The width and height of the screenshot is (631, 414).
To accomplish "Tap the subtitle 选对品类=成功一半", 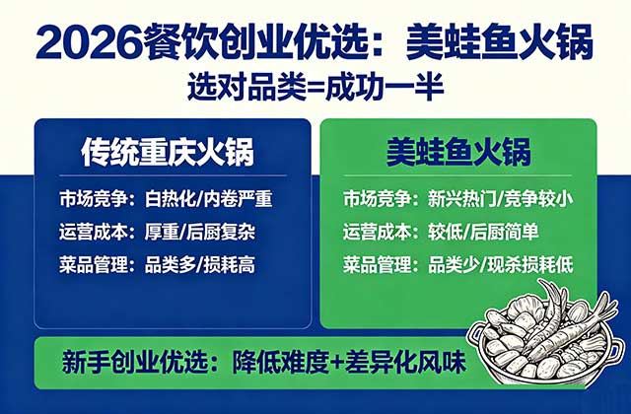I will click(x=315, y=87).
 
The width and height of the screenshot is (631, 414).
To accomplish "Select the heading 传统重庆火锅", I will click(x=168, y=154).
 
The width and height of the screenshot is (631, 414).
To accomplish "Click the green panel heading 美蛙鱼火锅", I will click(x=457, y=154).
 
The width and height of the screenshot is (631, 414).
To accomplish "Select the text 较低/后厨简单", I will click(x=479, y=233).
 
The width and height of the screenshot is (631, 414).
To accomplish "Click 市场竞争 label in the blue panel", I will click(x=93, y=198).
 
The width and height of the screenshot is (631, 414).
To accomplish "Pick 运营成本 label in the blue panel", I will click(x=93, y=233).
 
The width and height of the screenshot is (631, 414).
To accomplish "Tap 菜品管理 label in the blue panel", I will click(x=93, y=266).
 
